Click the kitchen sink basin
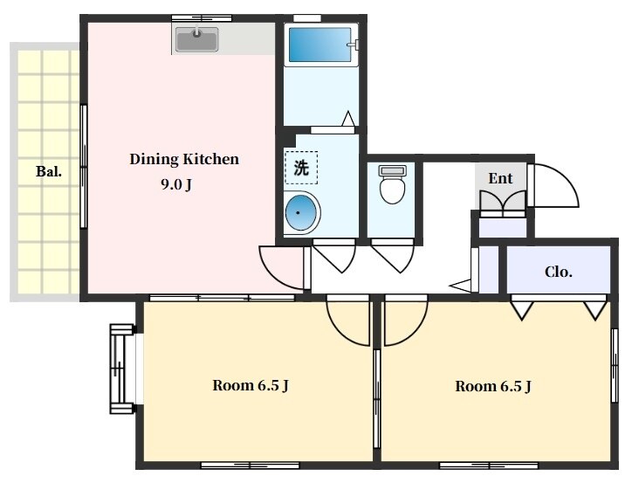pos(196,39)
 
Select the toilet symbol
pos(393,184)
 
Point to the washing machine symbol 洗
pos(301,168)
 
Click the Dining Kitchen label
pos(184,159)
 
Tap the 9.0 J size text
pos(176,184)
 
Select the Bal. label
pos(49,172)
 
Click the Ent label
pos(500,178)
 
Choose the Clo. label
pos(559,272)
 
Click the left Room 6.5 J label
pos(251,385)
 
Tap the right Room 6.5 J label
pos(493,386)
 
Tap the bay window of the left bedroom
pos(121,369)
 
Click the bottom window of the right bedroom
pos(488,466)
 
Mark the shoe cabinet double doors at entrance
pos(503,200)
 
